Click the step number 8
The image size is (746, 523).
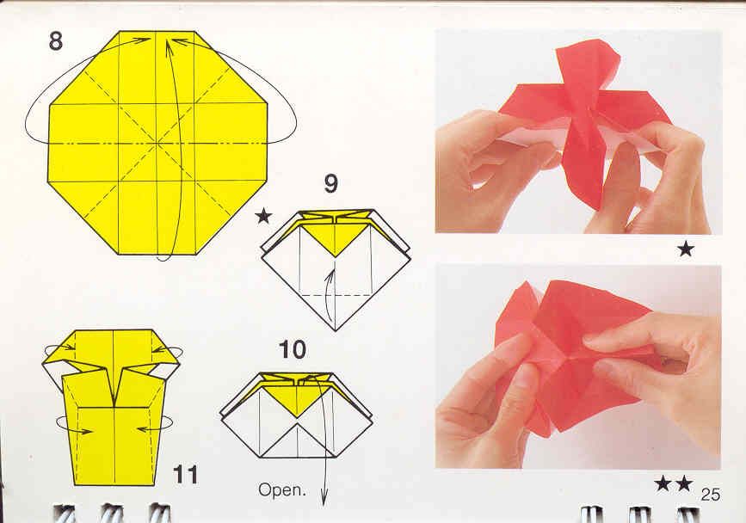pos(56,41)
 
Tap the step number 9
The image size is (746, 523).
pos(331,184)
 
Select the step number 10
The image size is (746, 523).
pos(293,349)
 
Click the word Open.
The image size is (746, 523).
pos(281,489)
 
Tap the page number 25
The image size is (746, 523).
pos(710,495)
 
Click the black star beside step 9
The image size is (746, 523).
pos(263,217)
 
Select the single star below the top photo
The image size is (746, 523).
pos(686,249)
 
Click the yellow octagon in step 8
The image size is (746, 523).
pos(158,143)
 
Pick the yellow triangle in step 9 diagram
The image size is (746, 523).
pos(335,237)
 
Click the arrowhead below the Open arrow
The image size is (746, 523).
pos(324,499)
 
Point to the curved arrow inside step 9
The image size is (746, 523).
pos(330,295)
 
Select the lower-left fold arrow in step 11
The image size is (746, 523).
pos(74,425)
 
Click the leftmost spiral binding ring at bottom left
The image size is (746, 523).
pos(64,514)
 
